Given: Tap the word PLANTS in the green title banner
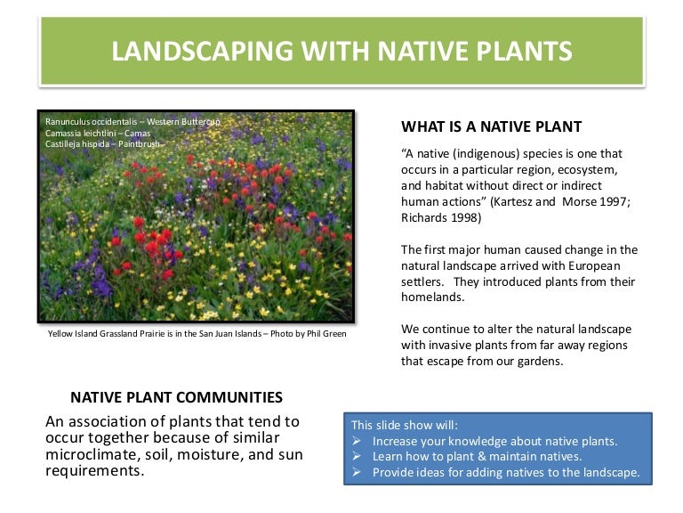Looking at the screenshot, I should pos(518,51).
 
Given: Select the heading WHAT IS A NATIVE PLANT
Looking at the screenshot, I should pos(492,126).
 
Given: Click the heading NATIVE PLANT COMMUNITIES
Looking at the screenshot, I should pos(176,397).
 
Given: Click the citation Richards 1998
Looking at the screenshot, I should pos(441,217).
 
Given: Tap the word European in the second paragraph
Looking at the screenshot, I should pos(589,266).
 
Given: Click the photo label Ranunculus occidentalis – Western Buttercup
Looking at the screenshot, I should pos(133,121).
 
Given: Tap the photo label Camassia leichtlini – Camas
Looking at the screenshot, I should pos(98,133).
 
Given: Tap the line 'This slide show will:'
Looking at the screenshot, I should pos(405,425).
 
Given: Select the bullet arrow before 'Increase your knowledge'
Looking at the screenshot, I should pos(357,441).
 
